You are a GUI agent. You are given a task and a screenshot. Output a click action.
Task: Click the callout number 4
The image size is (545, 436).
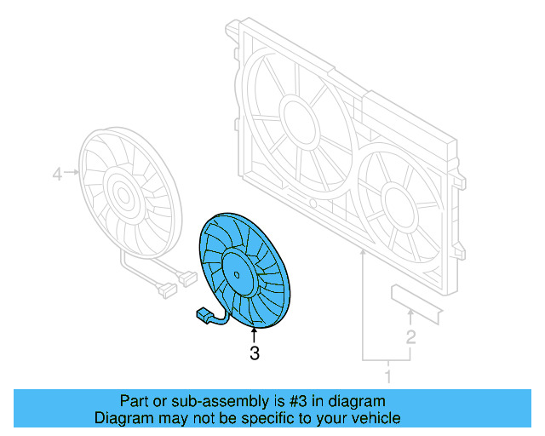pos(57,175)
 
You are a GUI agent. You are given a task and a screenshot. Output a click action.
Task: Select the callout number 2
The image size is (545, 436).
pos(410,337)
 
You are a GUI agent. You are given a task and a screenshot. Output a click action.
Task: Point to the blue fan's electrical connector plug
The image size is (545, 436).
pos(205,317)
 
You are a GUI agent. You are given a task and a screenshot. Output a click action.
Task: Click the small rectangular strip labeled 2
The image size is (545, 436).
pos(417,303)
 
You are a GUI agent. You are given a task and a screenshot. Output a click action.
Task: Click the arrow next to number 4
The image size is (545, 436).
pos(73,174)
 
